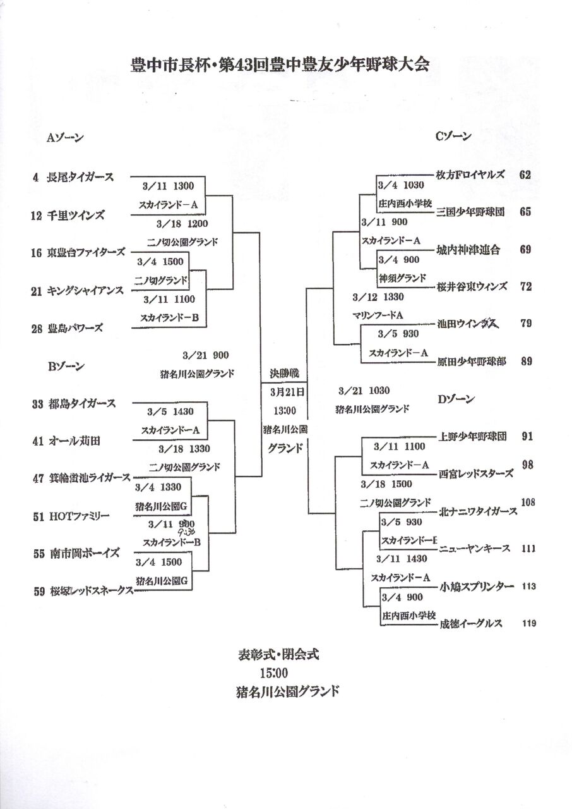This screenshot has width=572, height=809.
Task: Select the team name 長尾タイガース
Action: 81,178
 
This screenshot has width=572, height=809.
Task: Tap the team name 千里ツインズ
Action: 76,216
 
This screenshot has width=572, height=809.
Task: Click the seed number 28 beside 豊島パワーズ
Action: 35,329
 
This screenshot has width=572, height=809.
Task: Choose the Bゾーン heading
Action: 66,365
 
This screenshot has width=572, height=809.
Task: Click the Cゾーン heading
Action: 453,136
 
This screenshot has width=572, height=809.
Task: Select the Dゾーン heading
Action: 455,399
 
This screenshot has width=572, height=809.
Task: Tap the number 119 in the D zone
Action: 529,624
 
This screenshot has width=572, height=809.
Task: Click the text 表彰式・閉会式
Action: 278,654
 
